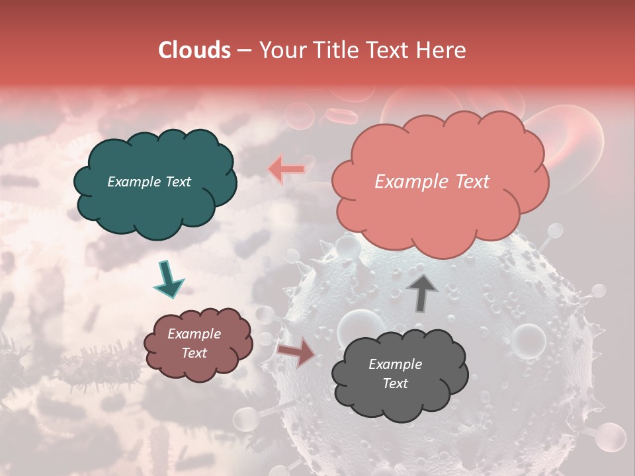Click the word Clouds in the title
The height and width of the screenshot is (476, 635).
[194, 50]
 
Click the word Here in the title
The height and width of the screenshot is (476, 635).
[442, 50]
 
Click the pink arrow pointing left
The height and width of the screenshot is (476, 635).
[286, 169]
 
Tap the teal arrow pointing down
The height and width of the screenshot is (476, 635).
[169, 280]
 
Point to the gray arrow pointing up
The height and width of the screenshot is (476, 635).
[422, 293]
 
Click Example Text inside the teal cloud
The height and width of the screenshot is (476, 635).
[149, 182]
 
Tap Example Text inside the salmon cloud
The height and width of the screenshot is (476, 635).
[432, 182]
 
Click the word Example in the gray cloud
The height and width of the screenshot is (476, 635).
[395, 364]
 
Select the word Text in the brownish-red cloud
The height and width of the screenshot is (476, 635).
[194, 353]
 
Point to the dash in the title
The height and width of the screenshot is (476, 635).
[243, 51]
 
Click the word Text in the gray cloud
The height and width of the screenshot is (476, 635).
[395, 383]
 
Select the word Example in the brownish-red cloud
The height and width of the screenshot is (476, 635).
[194, 334]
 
